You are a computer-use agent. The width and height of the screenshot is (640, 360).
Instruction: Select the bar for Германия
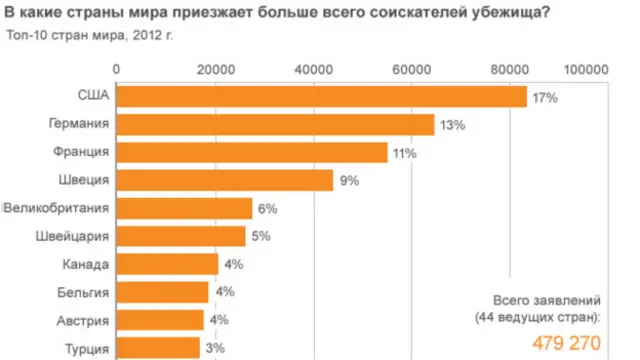coord(276,125)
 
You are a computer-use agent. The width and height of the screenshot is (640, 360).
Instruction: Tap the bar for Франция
coord(252,152)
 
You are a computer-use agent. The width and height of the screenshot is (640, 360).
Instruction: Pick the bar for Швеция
coord(225,180)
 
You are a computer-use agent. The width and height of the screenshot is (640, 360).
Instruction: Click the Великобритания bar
coord(185,208)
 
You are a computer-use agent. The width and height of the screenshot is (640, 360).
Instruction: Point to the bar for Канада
coord(168,264)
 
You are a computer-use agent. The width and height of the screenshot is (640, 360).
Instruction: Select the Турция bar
coord(158,347)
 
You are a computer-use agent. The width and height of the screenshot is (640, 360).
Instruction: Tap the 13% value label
coord(453,126)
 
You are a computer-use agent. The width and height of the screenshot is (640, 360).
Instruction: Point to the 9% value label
coord(349,181)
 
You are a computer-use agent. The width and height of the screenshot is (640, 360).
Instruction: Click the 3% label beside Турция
coord(214,348)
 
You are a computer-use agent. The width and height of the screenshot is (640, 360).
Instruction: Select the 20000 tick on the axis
coord(216,69)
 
